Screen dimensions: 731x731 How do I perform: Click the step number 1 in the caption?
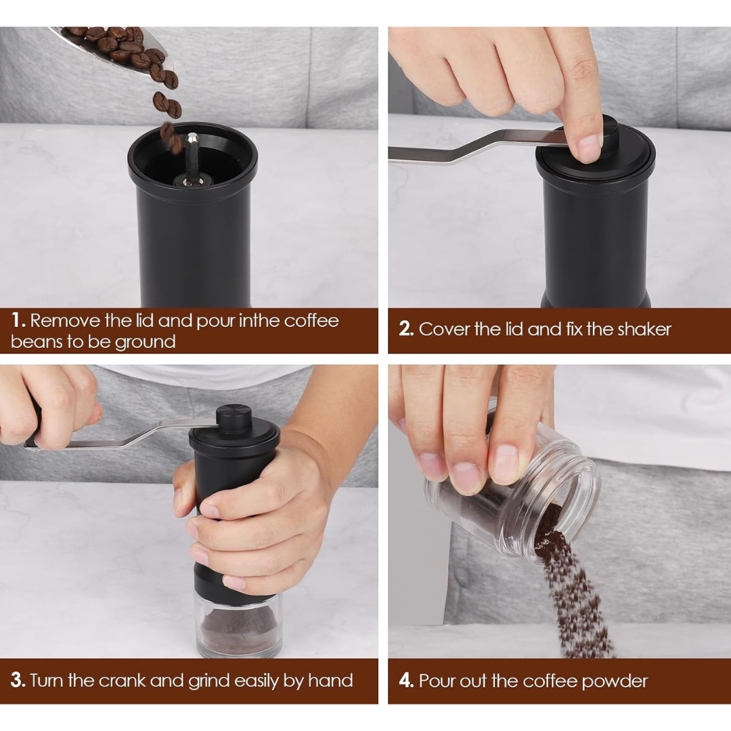click(18, 320)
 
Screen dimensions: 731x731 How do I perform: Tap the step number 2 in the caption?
click(405, 330)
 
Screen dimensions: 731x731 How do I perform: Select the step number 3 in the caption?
click(18, 680)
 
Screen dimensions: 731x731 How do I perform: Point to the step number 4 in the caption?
click(406, 681)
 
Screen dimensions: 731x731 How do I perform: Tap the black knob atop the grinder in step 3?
click(234, 418)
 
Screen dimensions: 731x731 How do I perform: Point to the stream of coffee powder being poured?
click(575, 596)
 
